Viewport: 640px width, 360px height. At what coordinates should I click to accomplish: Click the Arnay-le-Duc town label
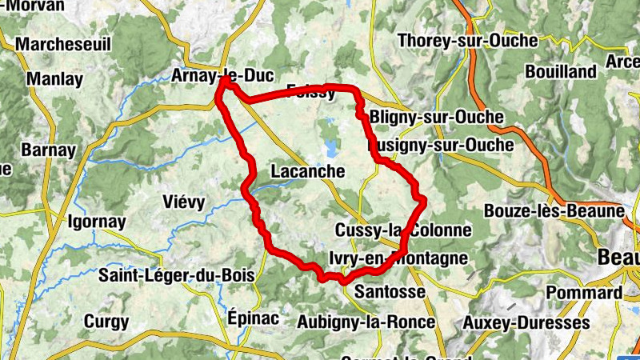[222, 76]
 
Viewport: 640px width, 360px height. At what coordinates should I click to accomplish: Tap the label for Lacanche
[308, 171]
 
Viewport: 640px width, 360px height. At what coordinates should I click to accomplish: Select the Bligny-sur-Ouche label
[437, 118]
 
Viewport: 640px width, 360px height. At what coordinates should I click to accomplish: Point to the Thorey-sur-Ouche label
[467, 41]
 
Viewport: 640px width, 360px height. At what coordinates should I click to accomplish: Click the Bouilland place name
[561, 72]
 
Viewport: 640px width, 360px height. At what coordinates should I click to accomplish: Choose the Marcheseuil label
[63, 44]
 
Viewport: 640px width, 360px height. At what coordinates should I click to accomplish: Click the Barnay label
[48, 150]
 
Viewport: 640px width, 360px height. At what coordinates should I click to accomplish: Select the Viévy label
[183, 202]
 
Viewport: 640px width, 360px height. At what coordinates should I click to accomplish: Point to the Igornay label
[97, 222]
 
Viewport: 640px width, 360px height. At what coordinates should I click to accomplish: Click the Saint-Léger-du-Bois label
[177, 275]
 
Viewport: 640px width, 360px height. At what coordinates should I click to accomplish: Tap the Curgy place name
[105, 322]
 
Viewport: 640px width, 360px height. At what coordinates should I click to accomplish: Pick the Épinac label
[254, 318]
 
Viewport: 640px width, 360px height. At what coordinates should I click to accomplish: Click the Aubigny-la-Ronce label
[366, 322]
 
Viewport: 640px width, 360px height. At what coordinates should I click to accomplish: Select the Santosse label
[389, 290]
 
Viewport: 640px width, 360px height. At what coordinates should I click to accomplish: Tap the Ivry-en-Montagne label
[398, 258]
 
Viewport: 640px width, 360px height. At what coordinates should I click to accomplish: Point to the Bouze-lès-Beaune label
[554, 212]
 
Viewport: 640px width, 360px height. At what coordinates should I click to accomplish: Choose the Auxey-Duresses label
[526, 323]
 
